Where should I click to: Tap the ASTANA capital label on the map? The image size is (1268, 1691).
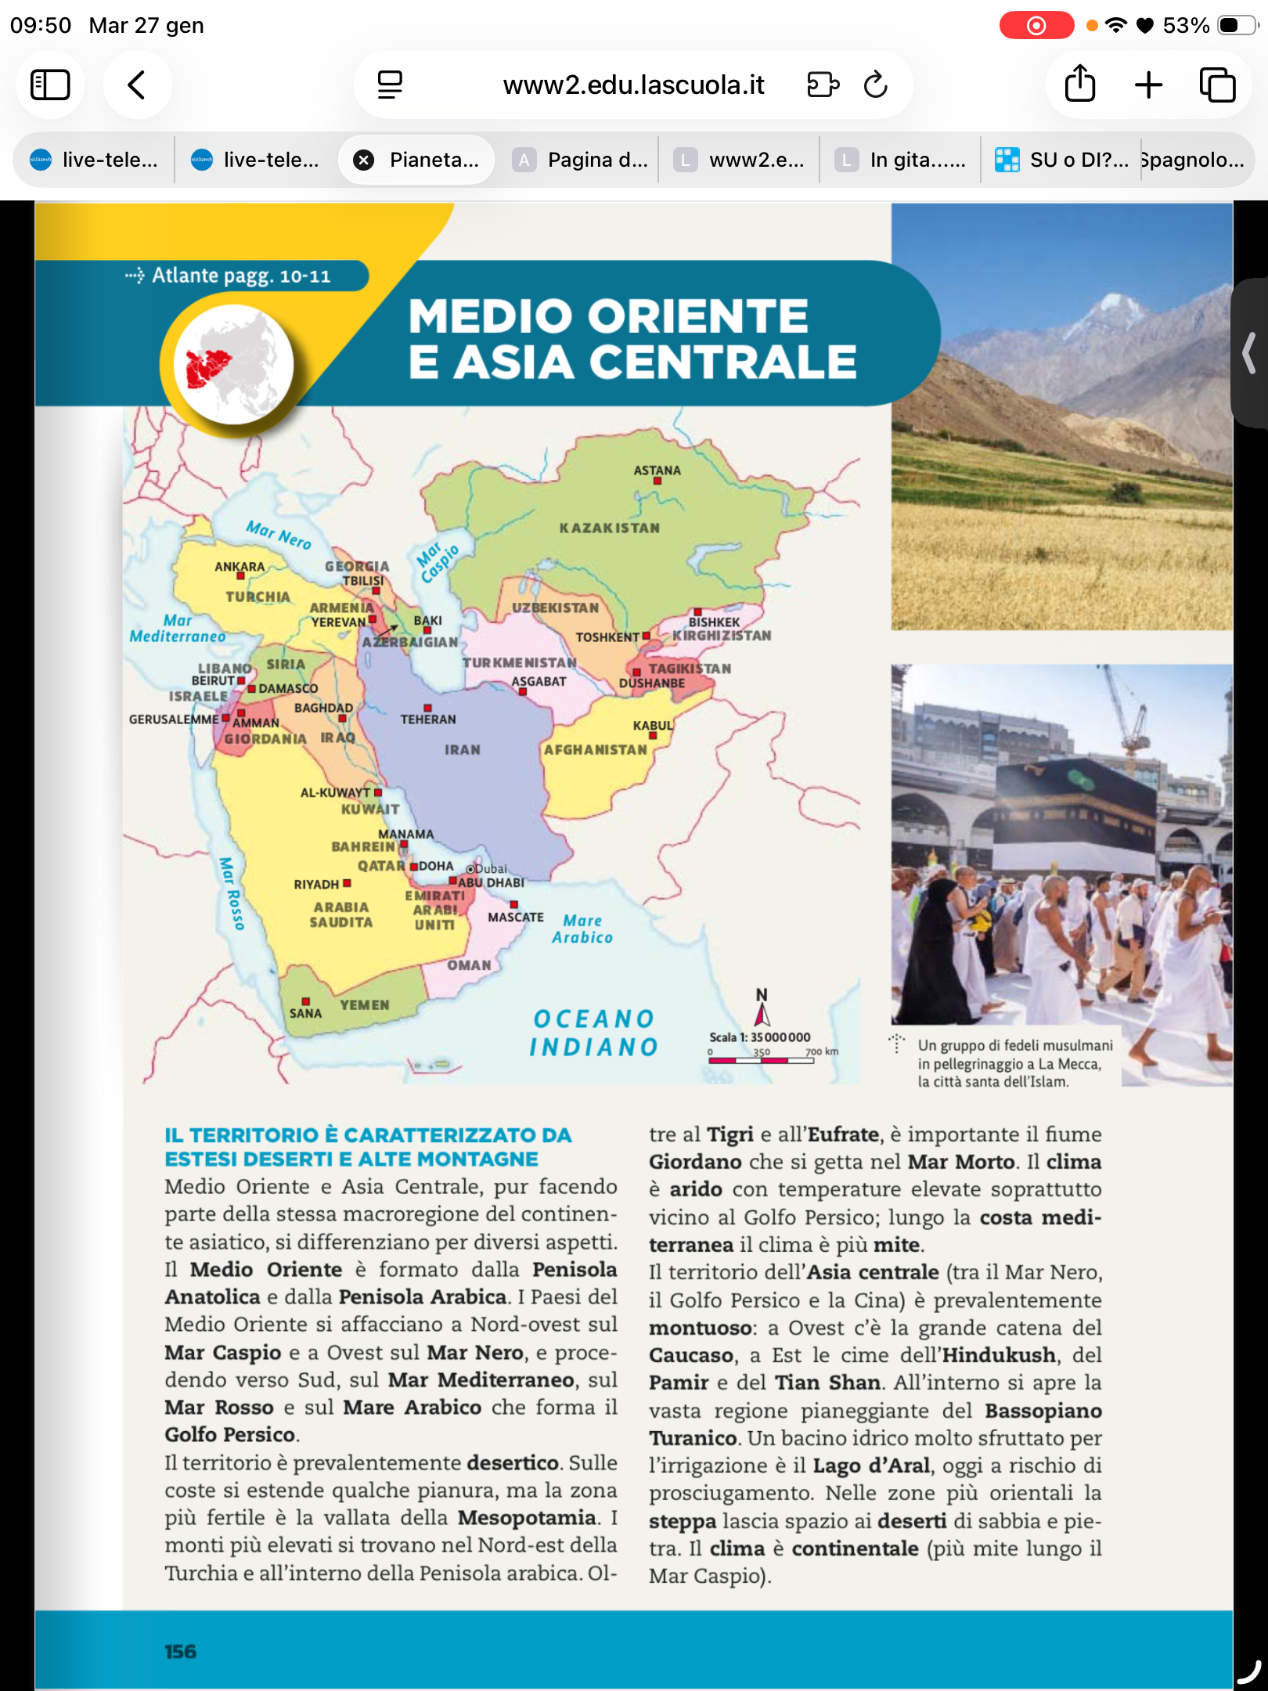point(657,471)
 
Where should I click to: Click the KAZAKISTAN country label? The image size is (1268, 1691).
point(609,528)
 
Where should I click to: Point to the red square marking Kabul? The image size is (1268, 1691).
point(654,736)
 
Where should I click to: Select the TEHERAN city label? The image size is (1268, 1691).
point(427,719)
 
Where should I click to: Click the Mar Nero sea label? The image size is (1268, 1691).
point(279,535)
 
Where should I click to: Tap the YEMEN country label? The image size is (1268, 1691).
point(364,1004)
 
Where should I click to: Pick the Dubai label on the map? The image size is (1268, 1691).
point(491,869)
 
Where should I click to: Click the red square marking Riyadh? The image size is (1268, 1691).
point(347,883)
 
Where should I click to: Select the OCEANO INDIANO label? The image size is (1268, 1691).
point(593,1033)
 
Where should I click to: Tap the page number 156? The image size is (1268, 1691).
point(180,1651)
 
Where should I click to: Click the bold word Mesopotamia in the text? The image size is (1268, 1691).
point(527,1518)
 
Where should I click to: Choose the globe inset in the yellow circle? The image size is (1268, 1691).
point(232,365)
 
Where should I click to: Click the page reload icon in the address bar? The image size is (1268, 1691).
point(875,85)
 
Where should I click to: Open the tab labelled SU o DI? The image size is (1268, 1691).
point(1061,160)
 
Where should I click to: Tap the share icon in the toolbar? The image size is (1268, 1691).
point(1079,84)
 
